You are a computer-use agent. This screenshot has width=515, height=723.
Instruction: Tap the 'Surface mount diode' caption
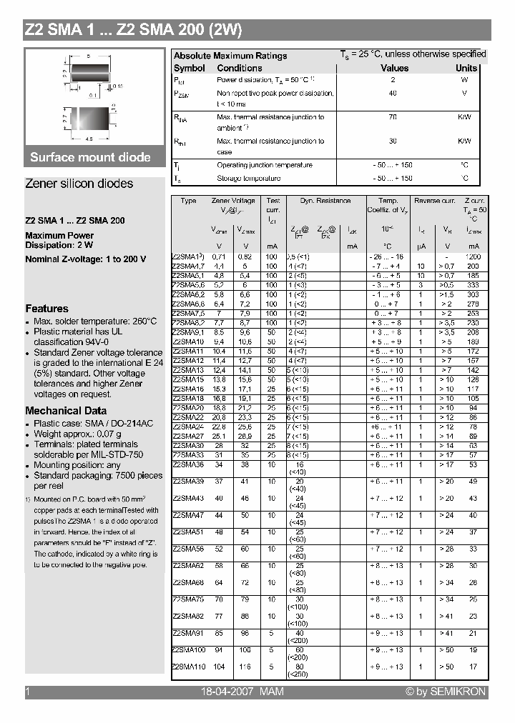[90, 157]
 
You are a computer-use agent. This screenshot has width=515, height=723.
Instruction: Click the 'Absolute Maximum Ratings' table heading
[230, 56]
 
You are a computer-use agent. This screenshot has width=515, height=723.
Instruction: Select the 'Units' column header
[466, 68]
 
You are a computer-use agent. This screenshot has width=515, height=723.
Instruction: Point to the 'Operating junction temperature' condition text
[265, 165]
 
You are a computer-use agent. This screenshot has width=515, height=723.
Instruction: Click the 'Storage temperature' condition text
[249, 179]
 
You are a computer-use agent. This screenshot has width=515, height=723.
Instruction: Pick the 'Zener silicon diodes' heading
[79, 184]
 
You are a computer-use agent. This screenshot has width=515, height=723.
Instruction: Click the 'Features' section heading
[46, 309]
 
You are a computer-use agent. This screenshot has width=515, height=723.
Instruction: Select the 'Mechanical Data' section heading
[66, 411]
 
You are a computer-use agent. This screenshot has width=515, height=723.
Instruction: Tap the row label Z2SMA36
[188, 464]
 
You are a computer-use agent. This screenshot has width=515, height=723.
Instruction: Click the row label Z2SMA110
[190, 666]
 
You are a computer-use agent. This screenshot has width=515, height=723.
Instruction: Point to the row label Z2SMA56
[188, 549]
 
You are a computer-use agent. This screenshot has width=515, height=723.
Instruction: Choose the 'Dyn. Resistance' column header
[325, 201]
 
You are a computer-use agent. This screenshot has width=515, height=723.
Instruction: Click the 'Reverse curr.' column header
[434, 201]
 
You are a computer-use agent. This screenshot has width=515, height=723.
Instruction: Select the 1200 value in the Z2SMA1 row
[473, 256]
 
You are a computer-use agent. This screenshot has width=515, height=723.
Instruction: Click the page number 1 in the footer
[27, 692]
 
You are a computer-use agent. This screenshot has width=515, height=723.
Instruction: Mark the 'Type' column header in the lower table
[188, 201]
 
